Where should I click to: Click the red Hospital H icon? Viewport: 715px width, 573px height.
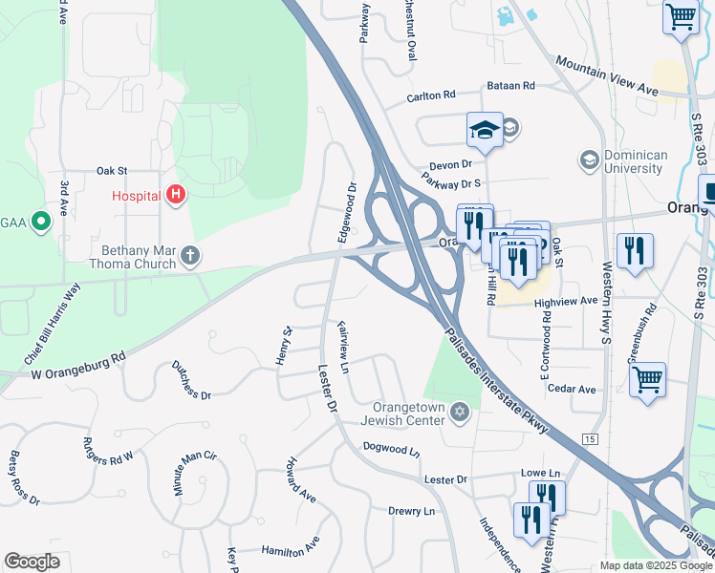point(176,196)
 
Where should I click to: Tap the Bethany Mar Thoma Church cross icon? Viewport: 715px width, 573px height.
point(190,255)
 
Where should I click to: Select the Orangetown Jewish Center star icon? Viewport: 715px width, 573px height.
point(460,412)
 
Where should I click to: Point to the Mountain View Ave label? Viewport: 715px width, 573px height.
point(606,75)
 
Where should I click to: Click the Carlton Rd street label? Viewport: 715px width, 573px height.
point(430,97)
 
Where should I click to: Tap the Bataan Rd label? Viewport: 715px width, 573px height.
point(510,86)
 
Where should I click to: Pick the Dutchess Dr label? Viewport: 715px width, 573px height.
point(191,380)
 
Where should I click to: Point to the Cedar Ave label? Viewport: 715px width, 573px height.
point(573,390)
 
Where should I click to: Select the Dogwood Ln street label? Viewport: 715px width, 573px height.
point(391,448)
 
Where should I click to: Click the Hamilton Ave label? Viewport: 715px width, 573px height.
point(291,550)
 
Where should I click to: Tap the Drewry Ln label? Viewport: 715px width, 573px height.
point(411,512)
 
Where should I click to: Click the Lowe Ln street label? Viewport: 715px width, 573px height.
point(540,473)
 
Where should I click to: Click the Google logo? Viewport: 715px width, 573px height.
point(32,562)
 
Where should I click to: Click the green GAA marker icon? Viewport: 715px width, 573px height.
point(40,223)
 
